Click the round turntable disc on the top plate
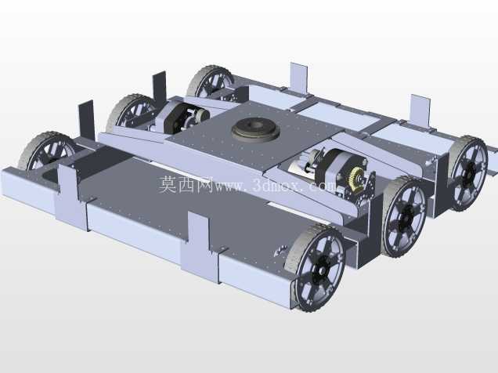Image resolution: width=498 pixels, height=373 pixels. (255, 129)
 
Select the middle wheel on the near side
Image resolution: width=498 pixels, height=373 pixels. (404, 217)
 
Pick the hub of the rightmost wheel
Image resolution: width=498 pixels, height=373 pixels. (470, 173)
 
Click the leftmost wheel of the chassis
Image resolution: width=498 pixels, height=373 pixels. (47, 151)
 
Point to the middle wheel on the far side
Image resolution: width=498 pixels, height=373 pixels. (133, 111)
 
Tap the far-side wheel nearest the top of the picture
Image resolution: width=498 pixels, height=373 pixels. (211, 81)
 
